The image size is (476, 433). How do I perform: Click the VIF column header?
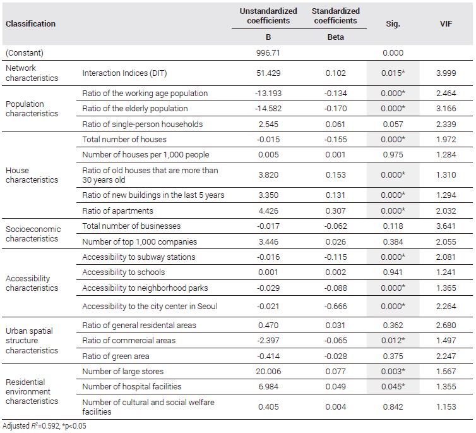tap(446, 23)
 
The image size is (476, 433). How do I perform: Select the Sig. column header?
tap(393, 24)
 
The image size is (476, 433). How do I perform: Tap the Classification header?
tap(31, 23)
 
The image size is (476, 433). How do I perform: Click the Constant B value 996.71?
tap(268, 53)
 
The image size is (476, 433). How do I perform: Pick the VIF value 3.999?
tap(446, 73)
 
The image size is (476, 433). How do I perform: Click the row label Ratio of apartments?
tap(118, 211)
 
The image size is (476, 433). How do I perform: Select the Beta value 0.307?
tap(335, 211)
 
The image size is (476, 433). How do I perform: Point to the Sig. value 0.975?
tap(393, 155)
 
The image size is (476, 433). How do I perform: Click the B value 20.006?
tap(268, 371)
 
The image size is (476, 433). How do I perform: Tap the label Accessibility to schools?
tap(124, 272)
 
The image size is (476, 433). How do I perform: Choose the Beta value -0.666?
tap(335, 307)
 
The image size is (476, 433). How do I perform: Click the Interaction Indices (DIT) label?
tap(124, 73)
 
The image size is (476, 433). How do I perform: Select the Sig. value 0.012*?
tap(393, 340)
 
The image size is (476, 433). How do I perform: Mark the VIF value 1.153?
tap(446, 407)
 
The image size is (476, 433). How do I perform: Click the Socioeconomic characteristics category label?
tap(33, 234)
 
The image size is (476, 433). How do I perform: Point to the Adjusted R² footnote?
tap(44, 426)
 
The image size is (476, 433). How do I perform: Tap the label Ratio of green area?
tap(116, 356)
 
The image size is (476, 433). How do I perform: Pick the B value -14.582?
tap(268, 109)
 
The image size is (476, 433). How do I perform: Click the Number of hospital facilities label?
tap(132, 386)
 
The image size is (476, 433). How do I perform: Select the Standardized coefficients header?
tap(335, 16)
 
